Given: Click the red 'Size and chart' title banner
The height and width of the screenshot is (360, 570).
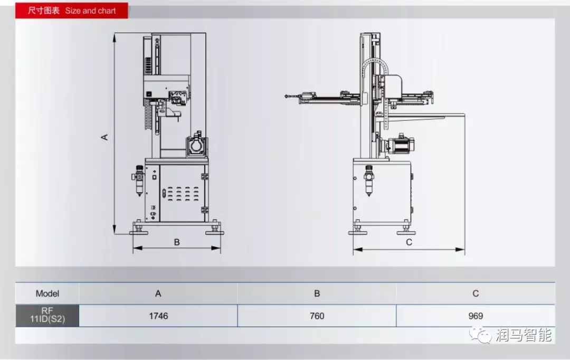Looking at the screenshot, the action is [72, 11].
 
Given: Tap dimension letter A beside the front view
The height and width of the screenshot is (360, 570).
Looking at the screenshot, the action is [104, 137].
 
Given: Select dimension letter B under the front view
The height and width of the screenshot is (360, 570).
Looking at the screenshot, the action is [177, 242].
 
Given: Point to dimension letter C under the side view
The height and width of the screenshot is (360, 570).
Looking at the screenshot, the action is [409, 242].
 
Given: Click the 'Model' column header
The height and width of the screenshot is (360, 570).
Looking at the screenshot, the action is [47, 293].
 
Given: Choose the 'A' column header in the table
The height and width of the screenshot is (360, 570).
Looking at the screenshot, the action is [158, 293].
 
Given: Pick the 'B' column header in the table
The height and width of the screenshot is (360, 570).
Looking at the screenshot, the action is [317, 293].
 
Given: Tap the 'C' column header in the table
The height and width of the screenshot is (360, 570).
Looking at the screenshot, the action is [476, 293].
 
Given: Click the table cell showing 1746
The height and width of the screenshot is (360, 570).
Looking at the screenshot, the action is [158, 316].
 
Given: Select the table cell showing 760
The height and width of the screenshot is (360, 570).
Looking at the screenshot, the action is [317, 316].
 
